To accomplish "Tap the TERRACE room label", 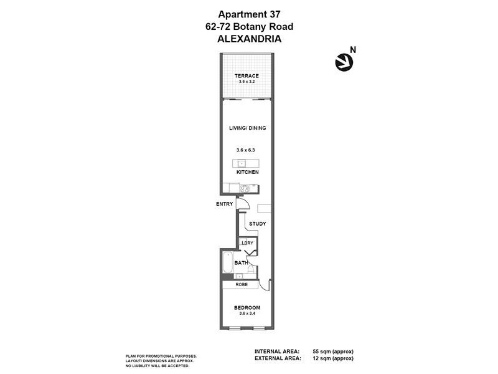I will click(x=247, y=76).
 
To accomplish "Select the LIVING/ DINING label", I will click(x=247, y=128).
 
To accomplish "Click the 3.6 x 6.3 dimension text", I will click(x=247, y=150).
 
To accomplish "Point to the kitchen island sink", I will click(x=242, y=163).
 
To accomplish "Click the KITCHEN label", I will click(x=247, y=172).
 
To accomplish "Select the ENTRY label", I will click(x=224, y=204).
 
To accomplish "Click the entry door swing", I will click(x=244, y=204).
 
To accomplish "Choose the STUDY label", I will click(x=257, y=223).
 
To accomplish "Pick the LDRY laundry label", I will click(x=247, y=242).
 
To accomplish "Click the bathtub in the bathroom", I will click(x=227, y=263).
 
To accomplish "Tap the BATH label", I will click(x=242, y=263).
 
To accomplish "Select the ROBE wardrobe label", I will click(x=243, y=285).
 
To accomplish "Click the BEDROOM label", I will click(x=247, y=308).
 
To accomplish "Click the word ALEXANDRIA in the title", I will click(x=248, y=37).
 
